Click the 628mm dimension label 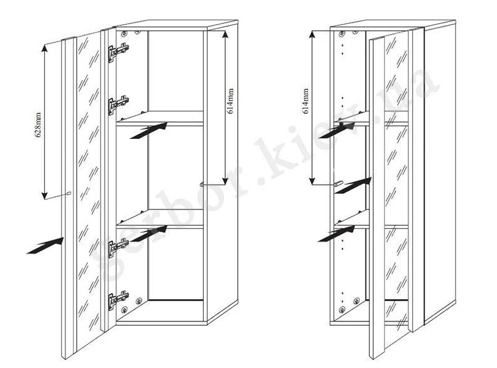[38, 125]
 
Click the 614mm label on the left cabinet [230, 101]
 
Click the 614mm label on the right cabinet [306, 101]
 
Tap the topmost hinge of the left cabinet [118, 52]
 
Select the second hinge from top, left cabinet [118, 104]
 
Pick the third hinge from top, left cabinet [118, 248]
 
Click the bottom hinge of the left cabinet [118, 300]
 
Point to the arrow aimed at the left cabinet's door [45, 246]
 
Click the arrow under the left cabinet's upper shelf [148, 130]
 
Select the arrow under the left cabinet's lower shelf [148, 233]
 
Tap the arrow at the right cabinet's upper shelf [337, 130]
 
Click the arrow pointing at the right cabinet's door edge [354, 186]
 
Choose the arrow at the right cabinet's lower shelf [337, 234]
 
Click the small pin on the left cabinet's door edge [69, 192]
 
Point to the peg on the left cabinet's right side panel [201, 184]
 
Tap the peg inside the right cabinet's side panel [338, 184]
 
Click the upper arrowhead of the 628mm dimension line [45, 47]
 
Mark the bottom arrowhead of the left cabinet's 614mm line [225, 181]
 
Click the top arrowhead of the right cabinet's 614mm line [313, 35]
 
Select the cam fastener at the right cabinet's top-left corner [342, 33]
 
